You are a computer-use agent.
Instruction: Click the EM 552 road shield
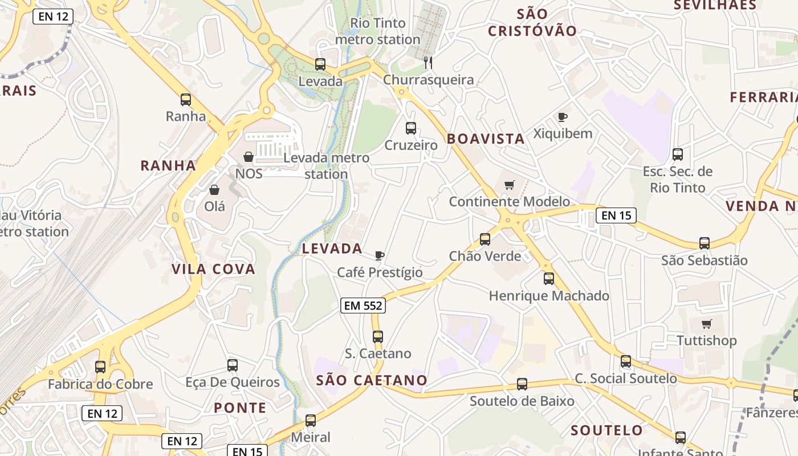click(363, 306)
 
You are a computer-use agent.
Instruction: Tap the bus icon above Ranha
click(185, 100)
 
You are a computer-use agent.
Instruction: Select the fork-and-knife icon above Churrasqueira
click(428, 63)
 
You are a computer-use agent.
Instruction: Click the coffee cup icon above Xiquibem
click(563, 117)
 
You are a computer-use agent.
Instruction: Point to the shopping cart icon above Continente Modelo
click(509, 185)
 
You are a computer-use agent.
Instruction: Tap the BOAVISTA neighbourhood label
click(486, 139)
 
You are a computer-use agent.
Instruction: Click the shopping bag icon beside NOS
click(249, 157)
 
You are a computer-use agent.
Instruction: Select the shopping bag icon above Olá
click(214, 190)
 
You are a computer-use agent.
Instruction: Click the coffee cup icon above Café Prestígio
click(380, 255)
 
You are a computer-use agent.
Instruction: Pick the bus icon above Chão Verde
click(485, 239)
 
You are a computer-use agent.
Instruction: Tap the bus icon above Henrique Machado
click(549, 279)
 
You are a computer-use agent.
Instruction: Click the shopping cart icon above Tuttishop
click(707, 324)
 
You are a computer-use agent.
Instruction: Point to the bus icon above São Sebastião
click(705, 243)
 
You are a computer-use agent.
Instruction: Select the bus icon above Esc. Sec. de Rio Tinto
click(678, 154)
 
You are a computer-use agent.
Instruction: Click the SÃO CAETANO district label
click(372, 380)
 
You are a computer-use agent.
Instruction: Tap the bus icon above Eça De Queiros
click(233, 365)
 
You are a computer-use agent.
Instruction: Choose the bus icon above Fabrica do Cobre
click(100, 367)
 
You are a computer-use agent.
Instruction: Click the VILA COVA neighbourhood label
click(214, 269)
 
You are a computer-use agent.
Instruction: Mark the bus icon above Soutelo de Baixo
click(522, 384)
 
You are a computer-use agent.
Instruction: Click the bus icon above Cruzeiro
click(411, 128)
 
